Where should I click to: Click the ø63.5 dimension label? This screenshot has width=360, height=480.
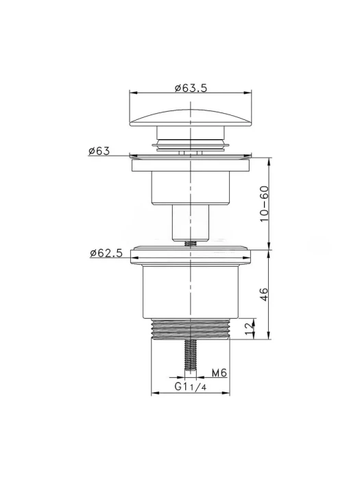[191, 88]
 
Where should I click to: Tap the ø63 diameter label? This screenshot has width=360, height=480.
[99, 151]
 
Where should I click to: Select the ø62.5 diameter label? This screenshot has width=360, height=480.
[106, 253]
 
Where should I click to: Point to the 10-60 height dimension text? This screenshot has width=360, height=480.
[264, 204]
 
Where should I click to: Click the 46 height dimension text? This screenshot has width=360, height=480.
[264, 294]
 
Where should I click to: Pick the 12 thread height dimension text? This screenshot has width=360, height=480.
[250, 328]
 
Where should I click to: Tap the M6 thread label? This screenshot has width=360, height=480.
[219, 373]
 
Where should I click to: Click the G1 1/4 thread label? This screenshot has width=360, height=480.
[191, 387]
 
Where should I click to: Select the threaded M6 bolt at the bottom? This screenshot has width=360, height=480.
[191, 355]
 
